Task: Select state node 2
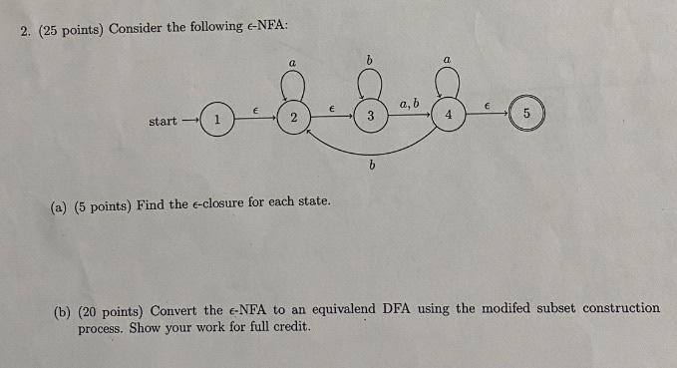point(293,119)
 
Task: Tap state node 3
point(370,118)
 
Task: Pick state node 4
point(449,116)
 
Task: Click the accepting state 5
point(525,115)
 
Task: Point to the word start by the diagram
point(164,121)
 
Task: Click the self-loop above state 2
point(293,88)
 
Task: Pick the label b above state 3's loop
point(369,61)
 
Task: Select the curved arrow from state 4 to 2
point(371,153)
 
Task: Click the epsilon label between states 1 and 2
point(255,110)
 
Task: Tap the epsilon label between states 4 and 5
point(488,105)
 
